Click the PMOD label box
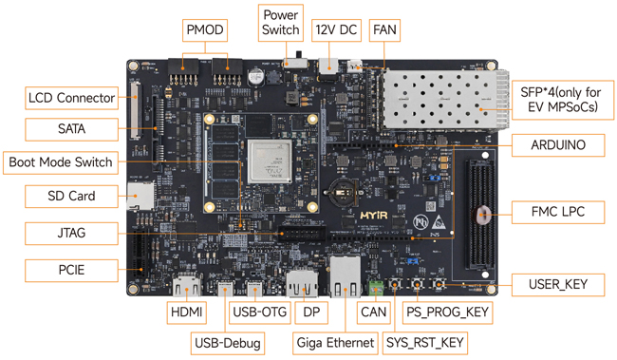205,30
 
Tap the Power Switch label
281,23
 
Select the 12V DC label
336,30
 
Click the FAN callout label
384,30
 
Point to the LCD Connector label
71,98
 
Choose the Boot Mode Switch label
61,162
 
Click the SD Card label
71,197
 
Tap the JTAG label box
71,233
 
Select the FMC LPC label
558,213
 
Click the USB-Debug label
228,343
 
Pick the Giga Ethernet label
335,343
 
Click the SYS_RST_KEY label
425,343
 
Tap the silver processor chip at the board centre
271,161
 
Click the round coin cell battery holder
343,192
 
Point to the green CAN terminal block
376,288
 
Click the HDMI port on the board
187,285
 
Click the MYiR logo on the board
374,216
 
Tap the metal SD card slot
140,197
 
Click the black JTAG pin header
302,235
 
